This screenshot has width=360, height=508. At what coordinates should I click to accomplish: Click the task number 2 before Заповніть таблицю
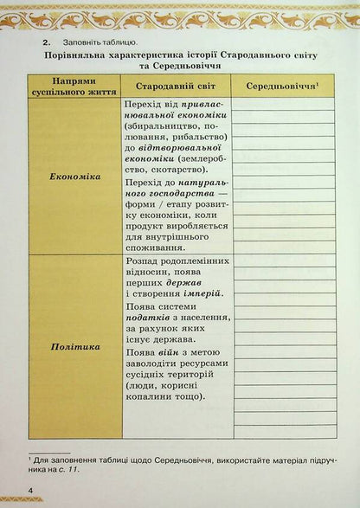(55, 41)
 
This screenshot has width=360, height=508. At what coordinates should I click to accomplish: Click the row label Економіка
(75, 176)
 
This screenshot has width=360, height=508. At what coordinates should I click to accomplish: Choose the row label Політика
(75, 347)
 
